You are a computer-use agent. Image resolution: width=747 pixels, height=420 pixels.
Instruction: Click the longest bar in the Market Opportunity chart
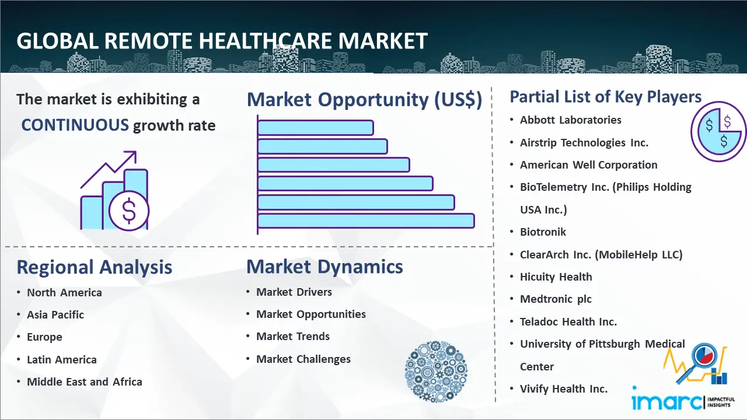(x=366, y=221)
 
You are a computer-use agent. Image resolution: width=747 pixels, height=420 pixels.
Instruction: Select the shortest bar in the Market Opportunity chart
(x=316, y=128)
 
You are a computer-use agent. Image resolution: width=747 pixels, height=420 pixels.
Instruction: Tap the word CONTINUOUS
(x=75, y=125)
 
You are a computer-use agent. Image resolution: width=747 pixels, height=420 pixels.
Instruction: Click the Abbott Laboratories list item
(x=571, y=120)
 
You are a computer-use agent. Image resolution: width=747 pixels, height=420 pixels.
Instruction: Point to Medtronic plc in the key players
(x=556, y=299)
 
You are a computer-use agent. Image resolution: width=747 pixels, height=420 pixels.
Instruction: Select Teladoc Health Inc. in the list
(x=568, y=321)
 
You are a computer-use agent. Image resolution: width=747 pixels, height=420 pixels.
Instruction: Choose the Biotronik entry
(x=543, y=232)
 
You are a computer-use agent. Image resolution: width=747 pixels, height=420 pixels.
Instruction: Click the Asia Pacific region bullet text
(x=55, y=314)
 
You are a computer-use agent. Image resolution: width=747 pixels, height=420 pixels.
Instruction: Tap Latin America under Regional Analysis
(x=62, y=360)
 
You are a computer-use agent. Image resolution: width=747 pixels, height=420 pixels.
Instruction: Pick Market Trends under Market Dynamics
(x=293, y=337)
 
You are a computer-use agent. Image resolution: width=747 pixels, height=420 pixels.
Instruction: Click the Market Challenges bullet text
(x=303, y=359)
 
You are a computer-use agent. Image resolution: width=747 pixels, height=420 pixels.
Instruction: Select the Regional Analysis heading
(x=95, y=268)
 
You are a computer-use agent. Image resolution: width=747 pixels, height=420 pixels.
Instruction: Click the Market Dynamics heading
(x=324, y=267)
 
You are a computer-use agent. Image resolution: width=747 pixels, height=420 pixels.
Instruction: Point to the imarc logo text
(x=666, y=401)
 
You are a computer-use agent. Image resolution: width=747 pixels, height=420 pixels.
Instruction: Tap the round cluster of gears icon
(x=436, y=372)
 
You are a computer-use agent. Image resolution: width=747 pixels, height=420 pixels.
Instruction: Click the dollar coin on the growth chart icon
(x=129, y=211)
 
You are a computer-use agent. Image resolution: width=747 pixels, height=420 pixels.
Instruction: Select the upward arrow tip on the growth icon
(x=135, y=152)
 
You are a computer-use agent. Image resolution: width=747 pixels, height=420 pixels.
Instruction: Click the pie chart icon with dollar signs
(x=718, y=131)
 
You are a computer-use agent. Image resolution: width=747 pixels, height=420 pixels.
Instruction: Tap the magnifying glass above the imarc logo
(x=700, y=362)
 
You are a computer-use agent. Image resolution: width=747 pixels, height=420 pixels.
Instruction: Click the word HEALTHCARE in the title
(x=265, y=41)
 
